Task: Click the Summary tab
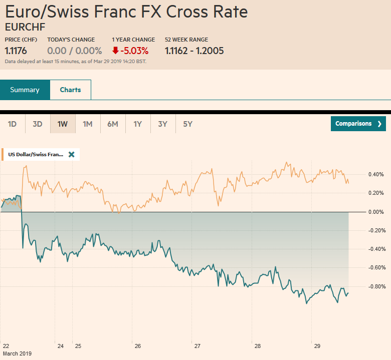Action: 25,90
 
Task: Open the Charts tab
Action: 70,90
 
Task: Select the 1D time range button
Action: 13,124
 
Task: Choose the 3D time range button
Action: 38,124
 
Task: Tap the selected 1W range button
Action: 63,124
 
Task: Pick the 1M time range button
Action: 88,124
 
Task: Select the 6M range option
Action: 113,124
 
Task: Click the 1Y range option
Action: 138,124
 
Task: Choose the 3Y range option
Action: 163,124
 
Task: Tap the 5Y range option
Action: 188,124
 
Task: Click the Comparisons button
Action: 358,124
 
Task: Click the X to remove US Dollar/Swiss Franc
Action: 71,155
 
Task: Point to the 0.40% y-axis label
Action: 376,174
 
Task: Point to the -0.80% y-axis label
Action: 375,286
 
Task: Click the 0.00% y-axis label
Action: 376,212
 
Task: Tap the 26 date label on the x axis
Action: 137,346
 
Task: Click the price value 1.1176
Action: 16,51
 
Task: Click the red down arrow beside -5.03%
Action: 115,51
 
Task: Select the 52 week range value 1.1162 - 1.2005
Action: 194,51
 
